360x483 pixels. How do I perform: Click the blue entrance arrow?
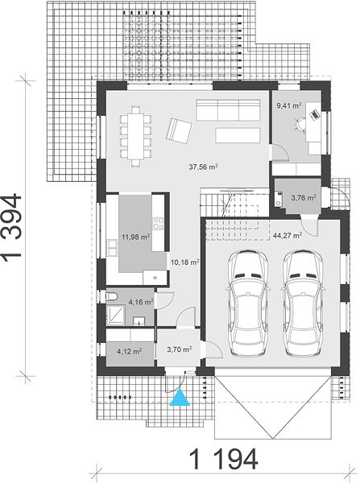[x=180, y=398]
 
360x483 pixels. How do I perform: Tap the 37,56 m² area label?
[x=204, y=167]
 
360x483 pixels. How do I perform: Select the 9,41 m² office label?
[x=289, y=105]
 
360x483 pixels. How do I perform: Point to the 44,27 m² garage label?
[x=288, y=236]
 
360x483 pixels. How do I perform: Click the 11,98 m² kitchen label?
[x=136, y=237]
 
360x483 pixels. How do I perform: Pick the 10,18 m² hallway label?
[x=184, y=262]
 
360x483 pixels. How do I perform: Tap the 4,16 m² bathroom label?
[x=141, y=302]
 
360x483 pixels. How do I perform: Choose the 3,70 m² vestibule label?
[x=180, y=349]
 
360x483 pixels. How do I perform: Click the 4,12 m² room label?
[x=130, y=351]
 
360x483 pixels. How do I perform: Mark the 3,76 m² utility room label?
[x=304, y=197]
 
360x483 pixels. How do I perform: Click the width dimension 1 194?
[x=223, y=459]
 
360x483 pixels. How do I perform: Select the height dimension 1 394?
[x=12, y=225]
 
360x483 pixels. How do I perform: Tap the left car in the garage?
[x=248, y=303]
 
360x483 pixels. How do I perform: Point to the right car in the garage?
[x=303, y=303]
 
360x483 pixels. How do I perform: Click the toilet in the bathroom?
[x=112, y=296]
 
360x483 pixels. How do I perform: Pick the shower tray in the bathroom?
[x=116, y=315]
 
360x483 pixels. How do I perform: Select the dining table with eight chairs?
[x=136, y=136]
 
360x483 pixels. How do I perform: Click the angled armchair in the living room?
[x=179, y=131]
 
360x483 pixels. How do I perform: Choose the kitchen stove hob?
[x=158, y=223]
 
